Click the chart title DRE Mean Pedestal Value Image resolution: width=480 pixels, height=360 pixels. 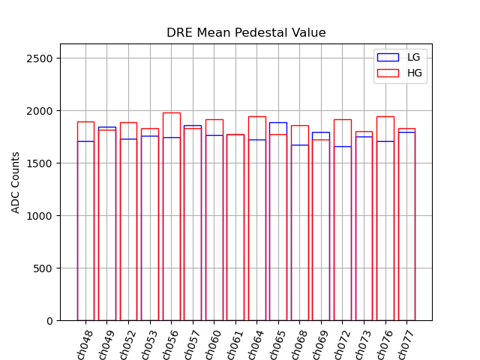(246, 33)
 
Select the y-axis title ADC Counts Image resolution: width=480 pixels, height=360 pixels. (16, 182)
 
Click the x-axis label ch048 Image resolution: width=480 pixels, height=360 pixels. (85, 344)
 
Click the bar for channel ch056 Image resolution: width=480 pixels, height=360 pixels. (171, 225)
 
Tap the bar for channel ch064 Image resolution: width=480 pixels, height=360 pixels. (257, 225)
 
